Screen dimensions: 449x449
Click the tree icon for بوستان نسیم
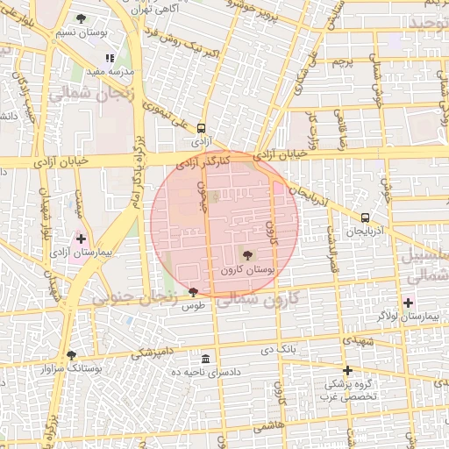82,18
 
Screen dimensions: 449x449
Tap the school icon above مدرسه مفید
110,58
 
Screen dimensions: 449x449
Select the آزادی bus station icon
202,126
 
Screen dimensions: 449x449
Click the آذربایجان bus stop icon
365,217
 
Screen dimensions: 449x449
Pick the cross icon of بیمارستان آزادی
82,239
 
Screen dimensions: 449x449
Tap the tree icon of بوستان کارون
249,256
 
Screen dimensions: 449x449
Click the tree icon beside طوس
193,292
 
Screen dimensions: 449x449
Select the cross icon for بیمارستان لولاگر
408,303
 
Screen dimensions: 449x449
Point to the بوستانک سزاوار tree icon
71,355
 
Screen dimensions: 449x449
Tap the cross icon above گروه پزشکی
348,370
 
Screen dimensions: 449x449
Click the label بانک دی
281,350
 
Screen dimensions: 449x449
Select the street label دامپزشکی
153,353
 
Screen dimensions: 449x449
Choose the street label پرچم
341,61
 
